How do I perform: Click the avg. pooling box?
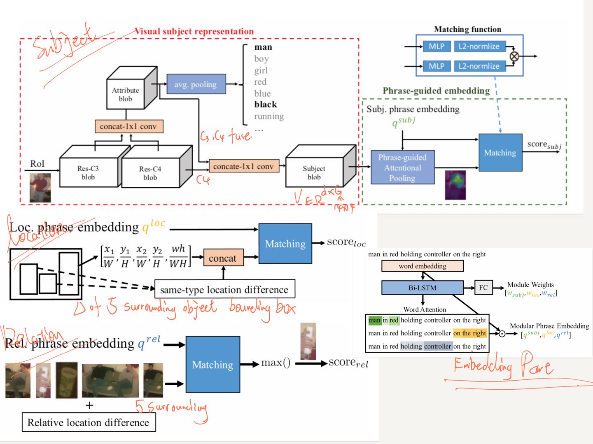tap(196, 84)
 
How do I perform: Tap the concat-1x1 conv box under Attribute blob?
tap(129, 126)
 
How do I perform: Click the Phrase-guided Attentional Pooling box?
tap(402, 167)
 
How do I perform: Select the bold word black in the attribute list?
tap(266, 105)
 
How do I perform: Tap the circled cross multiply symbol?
tap(514, 56)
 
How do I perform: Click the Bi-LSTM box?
tap(422, 288)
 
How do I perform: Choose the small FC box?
tap(483, 288)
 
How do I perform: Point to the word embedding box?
tap(422, 266)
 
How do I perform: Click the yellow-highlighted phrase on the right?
tap(469, 333)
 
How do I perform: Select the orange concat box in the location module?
tap(223, 258)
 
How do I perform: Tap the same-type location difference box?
tap(224, 290)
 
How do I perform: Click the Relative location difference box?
tap(89, 423)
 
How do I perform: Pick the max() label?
tap(275, 363)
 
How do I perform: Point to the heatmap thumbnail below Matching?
tap(455, 185)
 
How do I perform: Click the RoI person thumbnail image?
tap(40, 188)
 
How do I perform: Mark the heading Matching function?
tap(468, 29)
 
